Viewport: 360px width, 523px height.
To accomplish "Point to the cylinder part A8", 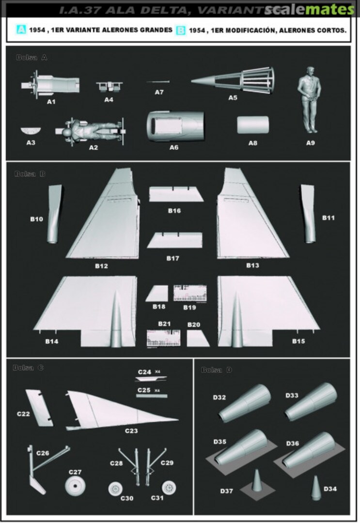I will (x=253, y=125).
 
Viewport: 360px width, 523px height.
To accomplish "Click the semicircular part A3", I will (x=31, y=131).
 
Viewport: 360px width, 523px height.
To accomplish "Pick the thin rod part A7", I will (x=158, y=82).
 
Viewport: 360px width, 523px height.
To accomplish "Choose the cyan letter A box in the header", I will (x=21, y=30).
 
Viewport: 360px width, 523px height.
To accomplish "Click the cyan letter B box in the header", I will (x=181, y=31).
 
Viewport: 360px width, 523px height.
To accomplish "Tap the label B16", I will (x=174, y=211).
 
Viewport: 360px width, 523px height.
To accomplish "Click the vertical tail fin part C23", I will (x=116, y=409).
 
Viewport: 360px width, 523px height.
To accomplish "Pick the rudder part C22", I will (x=41, y=407).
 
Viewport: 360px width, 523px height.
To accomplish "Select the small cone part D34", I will (x=315, y=487).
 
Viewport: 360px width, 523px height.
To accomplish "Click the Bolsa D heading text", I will (x=217, y=370).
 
